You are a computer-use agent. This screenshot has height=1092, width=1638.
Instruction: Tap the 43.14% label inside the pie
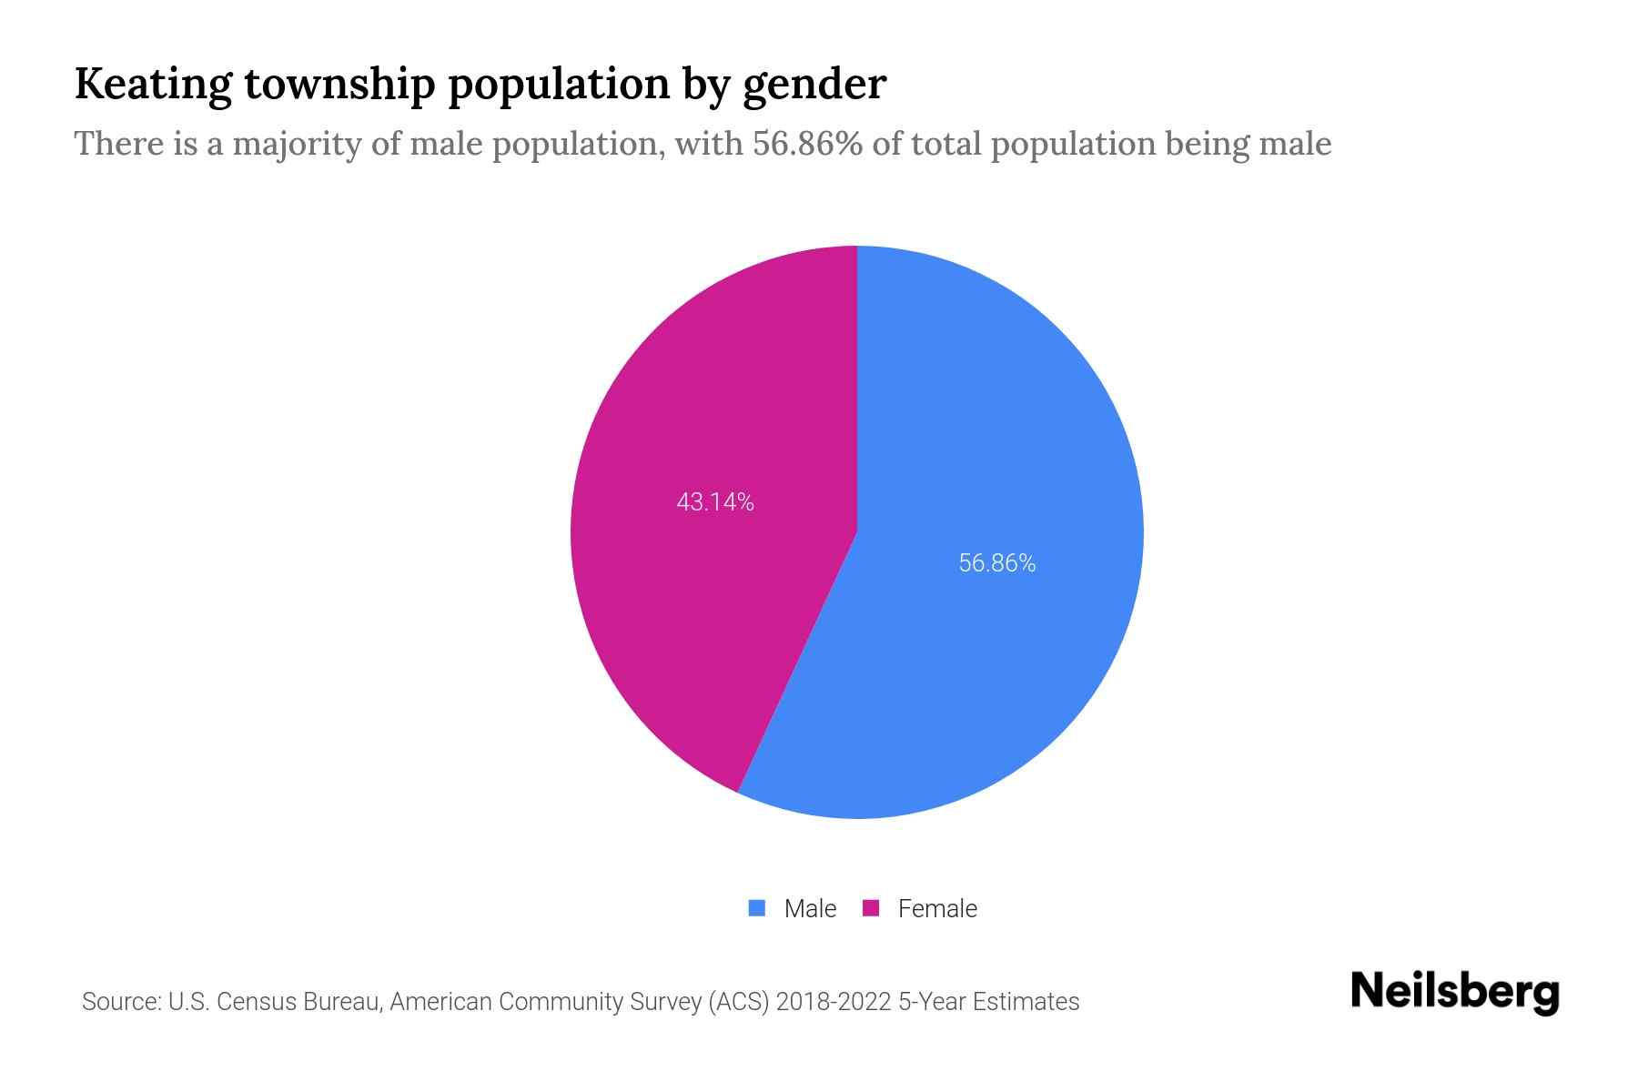[x=715, y=502]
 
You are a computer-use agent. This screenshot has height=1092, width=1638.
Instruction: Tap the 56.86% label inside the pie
[x=997, y=563]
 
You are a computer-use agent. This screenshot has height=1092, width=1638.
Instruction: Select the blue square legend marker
[x=757, y=908]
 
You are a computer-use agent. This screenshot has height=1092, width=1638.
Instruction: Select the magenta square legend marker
[x=871, y=908]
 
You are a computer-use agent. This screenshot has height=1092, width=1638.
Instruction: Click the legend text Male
[x=810, y=909]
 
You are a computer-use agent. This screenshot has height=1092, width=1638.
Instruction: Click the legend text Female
[x=937, y=909]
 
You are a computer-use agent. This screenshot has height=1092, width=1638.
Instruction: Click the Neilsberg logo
[x=1454, y=992]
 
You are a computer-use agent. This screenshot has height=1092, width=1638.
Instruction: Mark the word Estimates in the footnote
[x=1026, y=1002]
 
